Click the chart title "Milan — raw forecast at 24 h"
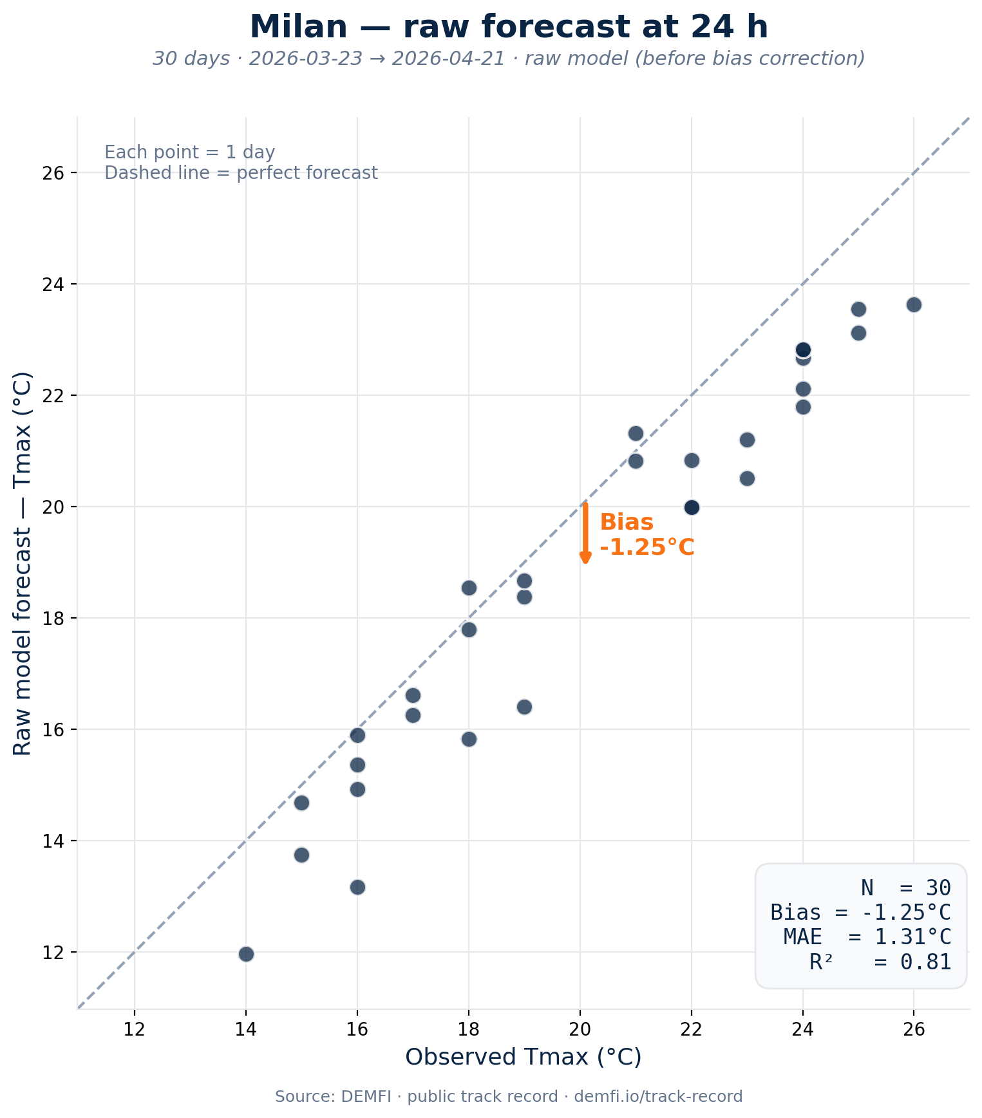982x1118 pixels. pyautogui.click(x=508, y=28)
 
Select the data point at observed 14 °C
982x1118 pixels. pyautogui.click(x=246, y=953)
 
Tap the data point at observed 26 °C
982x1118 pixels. pyautogui.click(x=914, y=304)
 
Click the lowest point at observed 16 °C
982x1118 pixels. pyautogui.click(x=357, y=887)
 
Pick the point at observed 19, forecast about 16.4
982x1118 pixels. pyautogui.click(x=524, y=707)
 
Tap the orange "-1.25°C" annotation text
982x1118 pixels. pyautogui.click(x=647, y=548)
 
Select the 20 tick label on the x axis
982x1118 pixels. pyautogui.click(x=580, y=1029)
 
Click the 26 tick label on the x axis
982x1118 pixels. pyautogui.click(x=914, y=1029)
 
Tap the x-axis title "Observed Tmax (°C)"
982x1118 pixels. pyautogui.click(x=523, y=1057)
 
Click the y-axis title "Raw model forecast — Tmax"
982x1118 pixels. pyautogui.click(x=23, y=563)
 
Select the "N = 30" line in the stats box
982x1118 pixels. pyautogui.click(x=905, y=888)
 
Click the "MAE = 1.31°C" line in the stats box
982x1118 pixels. pyautogui.click(x=867, y=936)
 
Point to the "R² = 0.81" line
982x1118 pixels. pyautogui.click(x=880, y=962)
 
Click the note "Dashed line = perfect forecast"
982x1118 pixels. pyautogui.click(x=241, y=173)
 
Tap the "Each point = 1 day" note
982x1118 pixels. pyautogui.click(x=190, y=153)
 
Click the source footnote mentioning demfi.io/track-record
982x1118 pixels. pyautogui.click(x=508, y=1096)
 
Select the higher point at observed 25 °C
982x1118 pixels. pyautogui.click(x=858, y=309)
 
